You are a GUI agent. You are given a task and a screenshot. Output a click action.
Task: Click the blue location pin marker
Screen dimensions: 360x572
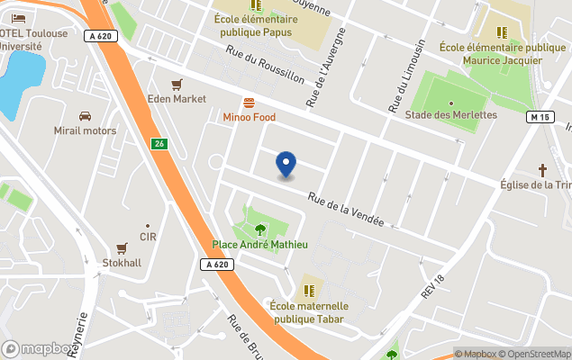[x=286, y=165]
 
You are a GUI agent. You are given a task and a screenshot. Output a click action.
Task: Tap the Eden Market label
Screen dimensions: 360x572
[x=177, y=99]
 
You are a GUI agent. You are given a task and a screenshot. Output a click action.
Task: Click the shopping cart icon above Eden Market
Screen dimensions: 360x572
[x=177, y=84]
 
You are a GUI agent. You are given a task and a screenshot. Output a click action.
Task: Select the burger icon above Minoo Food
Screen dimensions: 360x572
[x=249, y=103]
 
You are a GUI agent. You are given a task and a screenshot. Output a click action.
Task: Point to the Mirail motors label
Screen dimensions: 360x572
[x=85, y=130]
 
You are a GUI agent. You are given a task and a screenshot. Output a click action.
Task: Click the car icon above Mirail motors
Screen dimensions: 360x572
[x=85, y=116]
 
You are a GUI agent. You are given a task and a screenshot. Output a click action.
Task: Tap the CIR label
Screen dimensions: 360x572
[x=148, y=237]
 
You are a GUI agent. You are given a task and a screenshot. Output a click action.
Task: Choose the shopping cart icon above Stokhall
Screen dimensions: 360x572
[x=122, y=248]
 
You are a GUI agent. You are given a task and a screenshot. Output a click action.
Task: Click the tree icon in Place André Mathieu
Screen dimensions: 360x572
[x=260, y=229]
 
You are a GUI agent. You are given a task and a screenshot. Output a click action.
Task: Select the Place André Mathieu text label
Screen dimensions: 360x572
[x=260, y=244]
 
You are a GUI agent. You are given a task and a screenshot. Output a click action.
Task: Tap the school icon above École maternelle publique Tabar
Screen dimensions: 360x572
[x=309, y=291]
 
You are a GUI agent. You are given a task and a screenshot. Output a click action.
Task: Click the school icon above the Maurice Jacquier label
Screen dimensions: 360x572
[x=502, y=32]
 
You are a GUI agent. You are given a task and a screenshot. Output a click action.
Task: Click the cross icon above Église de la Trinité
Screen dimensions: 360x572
[x=543, y=169]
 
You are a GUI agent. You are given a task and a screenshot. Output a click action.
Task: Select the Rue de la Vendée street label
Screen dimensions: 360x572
[x=346, y=210]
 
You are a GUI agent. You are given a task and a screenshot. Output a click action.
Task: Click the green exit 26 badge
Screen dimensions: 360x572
[x=159, y=145]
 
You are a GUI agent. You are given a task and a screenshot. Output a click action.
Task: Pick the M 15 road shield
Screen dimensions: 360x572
[x=540, y=118]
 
